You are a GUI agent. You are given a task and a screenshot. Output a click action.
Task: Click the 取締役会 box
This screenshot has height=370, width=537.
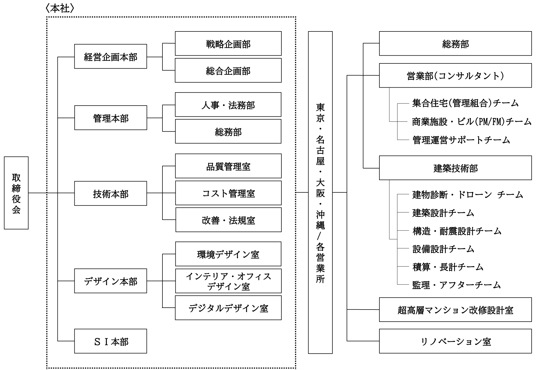click(16, 193)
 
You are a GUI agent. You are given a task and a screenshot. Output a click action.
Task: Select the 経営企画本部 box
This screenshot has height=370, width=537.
click(110, 56)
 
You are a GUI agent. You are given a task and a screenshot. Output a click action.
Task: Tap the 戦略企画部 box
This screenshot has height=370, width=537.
click(228, 44)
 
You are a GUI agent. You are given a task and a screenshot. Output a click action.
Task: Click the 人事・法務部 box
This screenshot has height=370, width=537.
click(228, 105)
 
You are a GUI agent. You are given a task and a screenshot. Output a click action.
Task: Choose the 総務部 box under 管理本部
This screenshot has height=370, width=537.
click(228, 131)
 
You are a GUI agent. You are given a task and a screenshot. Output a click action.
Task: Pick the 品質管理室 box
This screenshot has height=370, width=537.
click(228, 166)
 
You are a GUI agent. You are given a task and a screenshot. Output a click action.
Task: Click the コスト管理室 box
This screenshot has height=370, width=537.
click(228, 193)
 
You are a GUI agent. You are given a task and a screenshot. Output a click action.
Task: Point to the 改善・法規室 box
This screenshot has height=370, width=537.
click(228, 220)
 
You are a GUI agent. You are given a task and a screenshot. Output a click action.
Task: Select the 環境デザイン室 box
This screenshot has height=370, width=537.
click(228, 254)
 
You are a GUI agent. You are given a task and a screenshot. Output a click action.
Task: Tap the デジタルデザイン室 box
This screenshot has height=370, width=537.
click(228, 308)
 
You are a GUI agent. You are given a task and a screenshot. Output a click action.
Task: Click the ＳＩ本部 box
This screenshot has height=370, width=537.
click(110, 341)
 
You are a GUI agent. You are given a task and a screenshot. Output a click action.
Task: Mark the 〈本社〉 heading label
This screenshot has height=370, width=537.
click(60, 9)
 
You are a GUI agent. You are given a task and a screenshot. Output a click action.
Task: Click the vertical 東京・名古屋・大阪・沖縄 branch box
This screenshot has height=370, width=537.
click(320, 192)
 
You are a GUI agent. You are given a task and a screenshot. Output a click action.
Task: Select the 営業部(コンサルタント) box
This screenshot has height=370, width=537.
click(455, 76)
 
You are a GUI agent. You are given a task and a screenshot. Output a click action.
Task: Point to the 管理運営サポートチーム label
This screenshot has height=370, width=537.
click(461, 140)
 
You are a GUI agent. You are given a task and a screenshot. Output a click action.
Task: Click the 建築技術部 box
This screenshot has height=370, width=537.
click(455, 168)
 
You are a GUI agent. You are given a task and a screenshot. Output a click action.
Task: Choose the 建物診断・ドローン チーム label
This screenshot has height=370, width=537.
click(467, 195)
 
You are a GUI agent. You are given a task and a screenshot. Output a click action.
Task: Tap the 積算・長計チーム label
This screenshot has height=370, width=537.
click(448, 267)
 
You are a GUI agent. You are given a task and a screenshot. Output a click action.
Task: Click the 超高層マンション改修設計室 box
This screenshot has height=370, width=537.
click(455, 310)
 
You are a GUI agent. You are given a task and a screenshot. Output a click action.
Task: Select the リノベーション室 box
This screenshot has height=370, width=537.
click(455, 341)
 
